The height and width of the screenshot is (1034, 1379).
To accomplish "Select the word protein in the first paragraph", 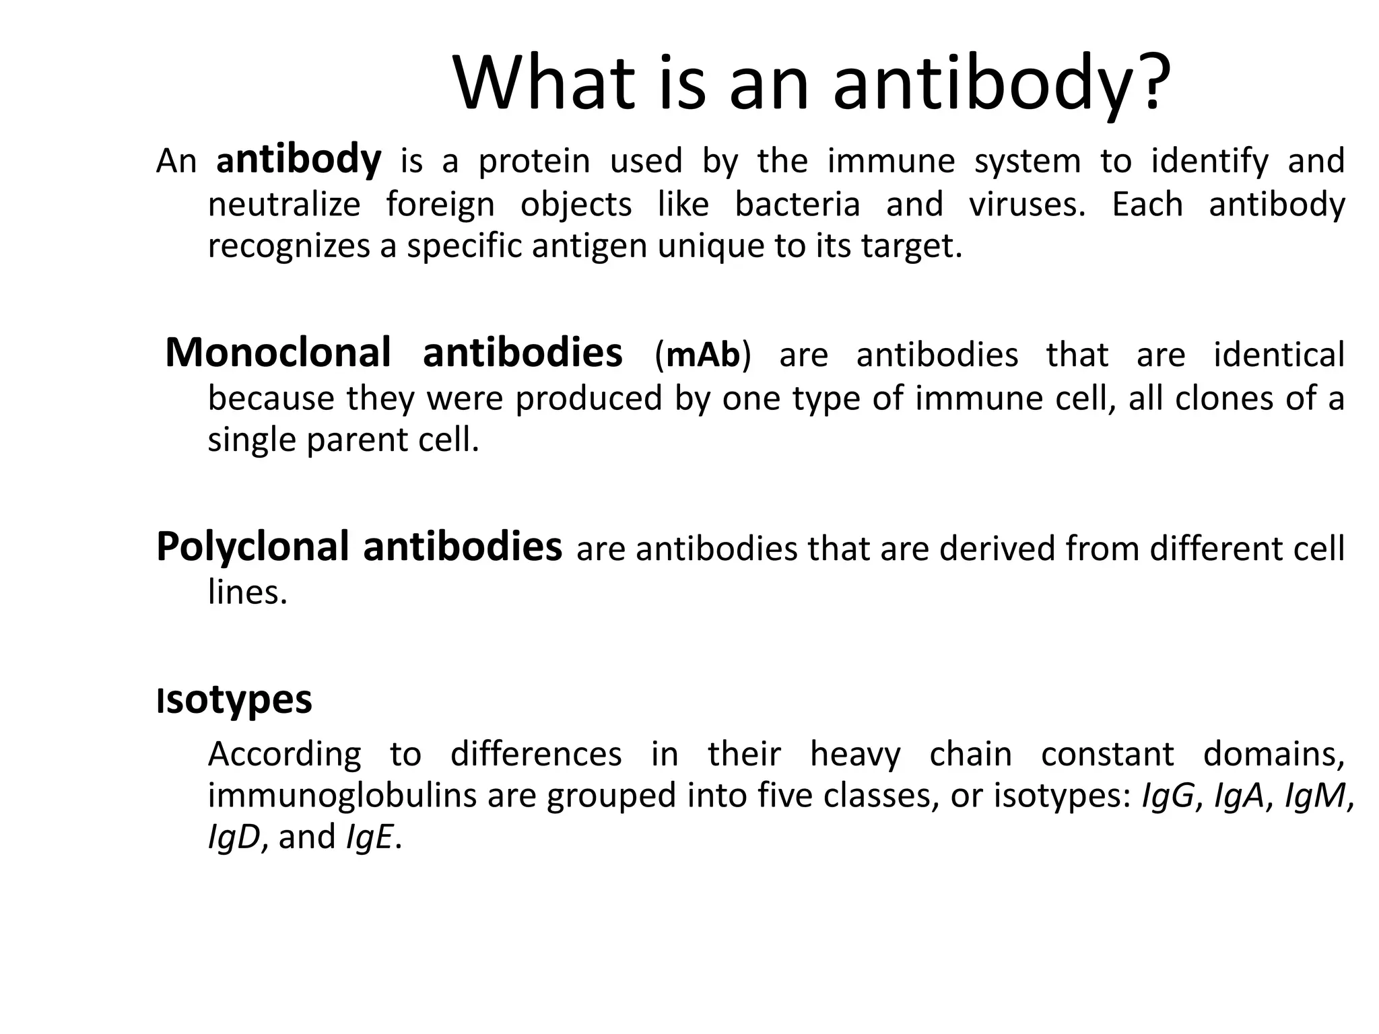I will click(x=534, y=162).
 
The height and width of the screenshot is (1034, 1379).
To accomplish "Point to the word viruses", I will click(x=1028, y=204).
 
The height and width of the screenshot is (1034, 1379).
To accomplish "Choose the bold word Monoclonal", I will click(x=278, y=353).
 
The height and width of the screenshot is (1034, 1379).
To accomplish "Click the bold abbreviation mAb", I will click(x=702, y=355).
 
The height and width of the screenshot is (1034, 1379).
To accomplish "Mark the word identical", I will click(x=1279, y=355).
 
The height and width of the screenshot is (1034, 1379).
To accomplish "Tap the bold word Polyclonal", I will click(x=253, y=547).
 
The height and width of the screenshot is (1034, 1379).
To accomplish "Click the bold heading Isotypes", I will click(x=234, y=700).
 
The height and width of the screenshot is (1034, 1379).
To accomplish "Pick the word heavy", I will click(x=855, y=754).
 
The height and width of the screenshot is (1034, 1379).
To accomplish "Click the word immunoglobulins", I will click(x=342, y=796).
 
